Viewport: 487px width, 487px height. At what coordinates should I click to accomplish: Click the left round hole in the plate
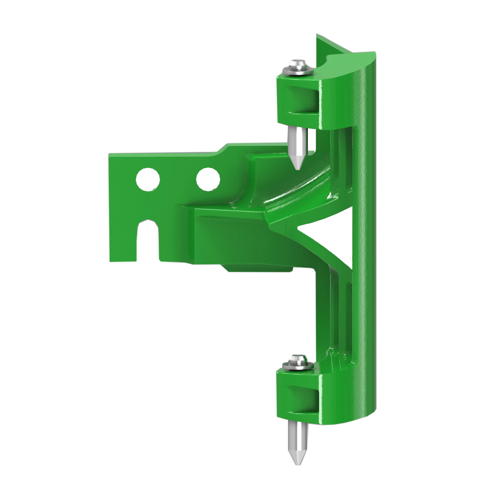tap(148, 179)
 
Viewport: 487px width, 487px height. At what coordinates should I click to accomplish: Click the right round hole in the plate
tap(208, 179)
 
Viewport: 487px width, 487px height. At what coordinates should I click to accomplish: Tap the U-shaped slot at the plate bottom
tap(148, 239)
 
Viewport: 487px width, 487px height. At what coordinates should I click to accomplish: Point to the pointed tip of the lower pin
tap(298, 464)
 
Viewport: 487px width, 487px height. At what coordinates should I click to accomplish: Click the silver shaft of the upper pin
tap(298, 144)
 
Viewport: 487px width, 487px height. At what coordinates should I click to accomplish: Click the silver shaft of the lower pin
tap(298, 439)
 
